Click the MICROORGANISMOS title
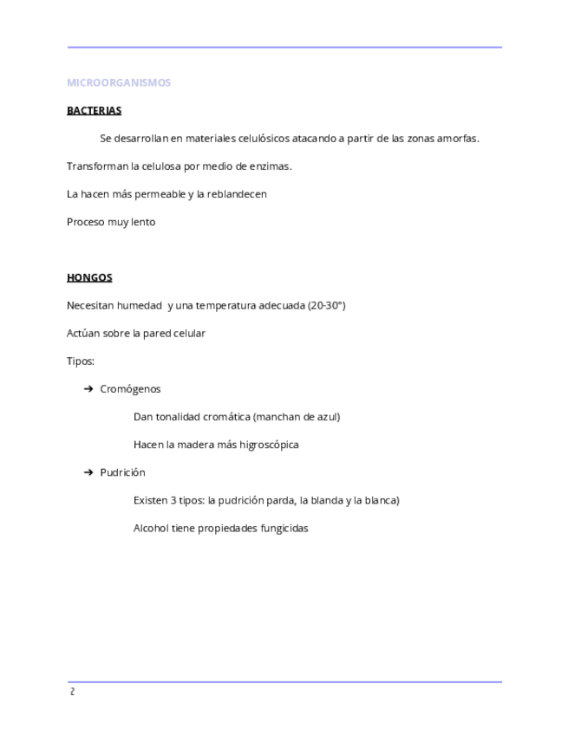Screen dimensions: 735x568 [x=119, y=83]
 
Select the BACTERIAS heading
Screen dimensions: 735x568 [x=94, y=111]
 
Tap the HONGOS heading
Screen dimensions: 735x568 [x=89, y=278]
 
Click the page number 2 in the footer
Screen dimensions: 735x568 [x=72, y=692]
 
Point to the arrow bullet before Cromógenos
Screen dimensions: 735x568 [x=88, y=389]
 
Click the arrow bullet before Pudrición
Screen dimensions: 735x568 [x=88, y=472]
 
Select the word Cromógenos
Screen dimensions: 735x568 [x=130, y=389]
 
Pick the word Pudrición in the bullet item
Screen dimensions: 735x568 [x=122, y=472]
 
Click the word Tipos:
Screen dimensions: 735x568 [x=81, y=361]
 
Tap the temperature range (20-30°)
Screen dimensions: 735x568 [x=326, y=306]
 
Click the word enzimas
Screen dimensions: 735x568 [x=271, y=166]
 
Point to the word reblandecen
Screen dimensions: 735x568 [x=237, y=194]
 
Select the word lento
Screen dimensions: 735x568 [x=143, y=222]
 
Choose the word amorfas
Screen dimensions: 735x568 [x=457, y=139]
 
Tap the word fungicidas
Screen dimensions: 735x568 [x=284, y=528]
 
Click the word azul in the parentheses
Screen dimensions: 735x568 [x=327, y=417]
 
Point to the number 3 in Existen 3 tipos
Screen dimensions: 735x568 [x=173, y=500]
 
